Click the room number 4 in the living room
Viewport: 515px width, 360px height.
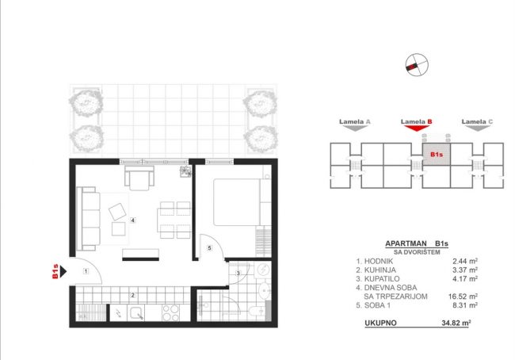pos(132,220)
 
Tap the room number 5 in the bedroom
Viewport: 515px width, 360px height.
pos(209,248)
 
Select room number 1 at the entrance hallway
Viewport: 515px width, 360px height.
pos(86,271)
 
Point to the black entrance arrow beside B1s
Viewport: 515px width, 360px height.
pos(63,271)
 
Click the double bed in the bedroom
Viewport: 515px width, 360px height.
pos(237,202)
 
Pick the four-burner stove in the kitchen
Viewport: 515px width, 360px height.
pos(171,312)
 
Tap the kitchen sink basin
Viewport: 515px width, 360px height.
pos(135,312)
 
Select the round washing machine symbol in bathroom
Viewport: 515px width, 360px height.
pos(263,270)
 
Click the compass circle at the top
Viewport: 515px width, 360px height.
pos(417,64)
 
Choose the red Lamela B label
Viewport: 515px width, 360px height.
pos(416,121)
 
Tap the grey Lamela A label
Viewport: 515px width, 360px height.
pos(355,121)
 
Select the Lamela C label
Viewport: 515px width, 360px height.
pos(477,121)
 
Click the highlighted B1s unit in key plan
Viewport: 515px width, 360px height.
pos(437,154)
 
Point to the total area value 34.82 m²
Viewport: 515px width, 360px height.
pos(456,323)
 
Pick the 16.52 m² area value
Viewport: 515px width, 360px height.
pos(463,297)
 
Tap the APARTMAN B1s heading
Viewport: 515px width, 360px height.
pos(417,244)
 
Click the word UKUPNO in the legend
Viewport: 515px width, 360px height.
pos(380,323)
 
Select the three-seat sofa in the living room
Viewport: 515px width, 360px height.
pos(88,219)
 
